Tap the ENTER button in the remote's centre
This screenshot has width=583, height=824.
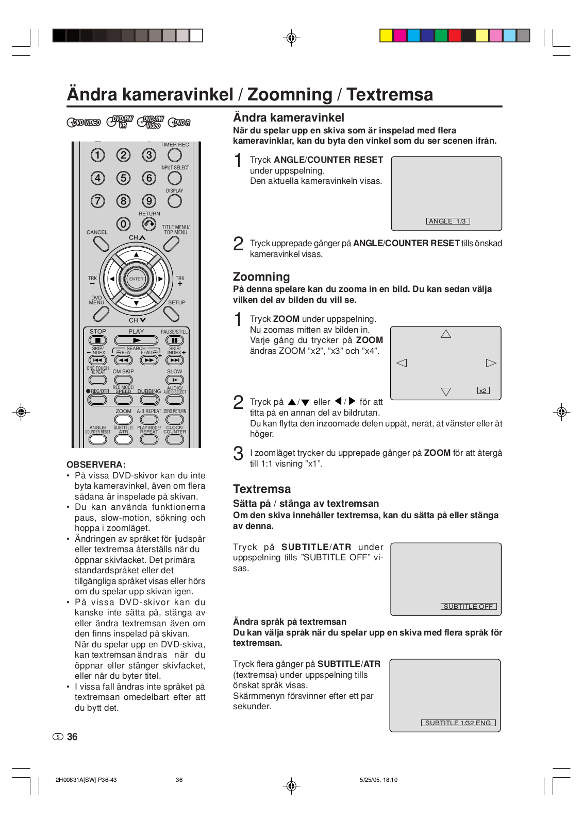(x=136, y=279)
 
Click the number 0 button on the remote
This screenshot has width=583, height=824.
(x=123, y=224)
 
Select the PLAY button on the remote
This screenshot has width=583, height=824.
(x=136, y=340)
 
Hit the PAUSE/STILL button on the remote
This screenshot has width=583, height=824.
(x=175, y=340)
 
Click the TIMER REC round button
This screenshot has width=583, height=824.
(x=175, y=155)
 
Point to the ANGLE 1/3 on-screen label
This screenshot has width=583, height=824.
(x=447, y=221)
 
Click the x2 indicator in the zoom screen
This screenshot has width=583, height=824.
(x=483, y=390)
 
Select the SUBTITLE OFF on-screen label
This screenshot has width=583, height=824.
(x=468, y=607)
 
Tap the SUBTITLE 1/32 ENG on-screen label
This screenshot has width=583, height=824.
(x=458, y=723)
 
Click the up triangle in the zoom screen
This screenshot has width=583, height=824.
(x=446, y=334)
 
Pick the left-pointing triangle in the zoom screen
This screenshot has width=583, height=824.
(x=402, y=363)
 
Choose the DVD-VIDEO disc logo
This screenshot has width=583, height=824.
(x=84, y=123)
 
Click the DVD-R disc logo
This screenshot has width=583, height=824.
(x=179, y=123)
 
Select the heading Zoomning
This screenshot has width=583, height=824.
(x=261, y=277)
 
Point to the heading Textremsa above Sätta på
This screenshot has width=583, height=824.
(x=262, y=489)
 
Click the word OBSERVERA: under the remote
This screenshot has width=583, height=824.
(x=96, y=465)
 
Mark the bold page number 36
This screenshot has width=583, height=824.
(x=72, y=737)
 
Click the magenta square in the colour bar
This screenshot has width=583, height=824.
(x=400, y=36)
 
